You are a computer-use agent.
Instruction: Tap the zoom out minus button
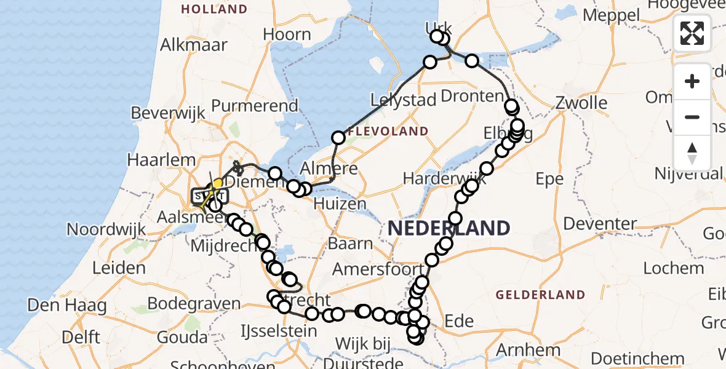[692, 117]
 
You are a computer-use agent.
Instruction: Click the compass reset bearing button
[692, 153]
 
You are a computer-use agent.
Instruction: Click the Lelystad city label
[403, 100]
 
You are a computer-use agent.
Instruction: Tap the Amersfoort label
[378, 269]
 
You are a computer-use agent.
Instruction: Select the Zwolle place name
[581, 103]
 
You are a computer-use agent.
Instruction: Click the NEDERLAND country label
[449, 228]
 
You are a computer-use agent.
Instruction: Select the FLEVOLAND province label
[388, 131]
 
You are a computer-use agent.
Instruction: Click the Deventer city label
[600, 223]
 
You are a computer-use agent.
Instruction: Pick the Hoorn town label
[287, 34]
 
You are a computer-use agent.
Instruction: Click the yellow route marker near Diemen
[217, 184]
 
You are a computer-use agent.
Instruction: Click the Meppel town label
[612, 15]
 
